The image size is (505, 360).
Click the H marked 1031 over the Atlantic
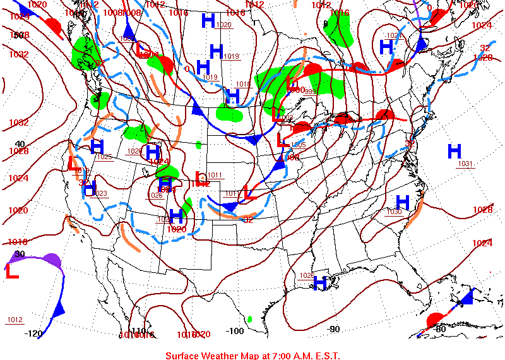(454, 152)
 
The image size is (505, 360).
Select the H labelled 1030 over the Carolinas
(403, 203)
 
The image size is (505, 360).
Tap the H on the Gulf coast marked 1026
(320, 282)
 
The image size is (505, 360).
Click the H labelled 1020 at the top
(208, 21)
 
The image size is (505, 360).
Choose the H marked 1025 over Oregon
(97, 147)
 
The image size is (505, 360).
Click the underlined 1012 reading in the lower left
(15, 320)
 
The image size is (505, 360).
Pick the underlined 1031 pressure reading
(466, 164)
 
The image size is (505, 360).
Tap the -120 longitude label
(34, 333)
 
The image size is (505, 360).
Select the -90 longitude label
(333, 328)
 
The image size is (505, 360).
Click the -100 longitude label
(235, 330)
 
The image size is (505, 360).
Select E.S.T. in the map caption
(326, 355)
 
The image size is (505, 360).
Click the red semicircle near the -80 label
(434, 320)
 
